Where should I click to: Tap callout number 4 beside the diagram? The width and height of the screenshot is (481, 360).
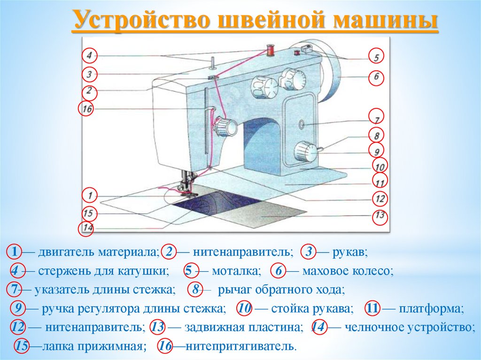(x=89, y=56)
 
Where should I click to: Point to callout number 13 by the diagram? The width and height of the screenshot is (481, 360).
(x=380, y=216)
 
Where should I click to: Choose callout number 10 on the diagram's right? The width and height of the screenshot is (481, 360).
(x=380, y=166)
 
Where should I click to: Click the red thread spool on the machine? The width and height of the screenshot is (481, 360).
(x=270, y=49)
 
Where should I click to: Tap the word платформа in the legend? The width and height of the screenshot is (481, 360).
(x=431, y=309)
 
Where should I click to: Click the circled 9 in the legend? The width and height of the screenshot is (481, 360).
(x=18, y=308)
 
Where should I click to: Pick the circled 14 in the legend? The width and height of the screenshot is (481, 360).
(x=318, y=327)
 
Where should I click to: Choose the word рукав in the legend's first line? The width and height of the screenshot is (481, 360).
(x=349, y=252)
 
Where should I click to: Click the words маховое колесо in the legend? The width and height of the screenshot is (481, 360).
(x=347, y=271)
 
